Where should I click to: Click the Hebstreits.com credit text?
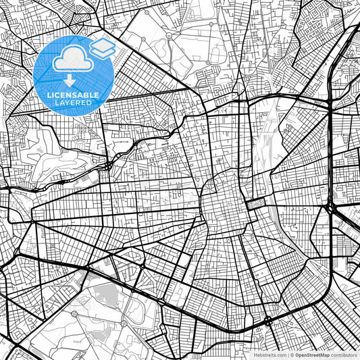[269, 355]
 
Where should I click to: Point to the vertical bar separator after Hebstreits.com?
[287, 355]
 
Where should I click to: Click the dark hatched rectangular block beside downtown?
[256, 203]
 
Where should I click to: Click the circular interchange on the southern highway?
[269, 319]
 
